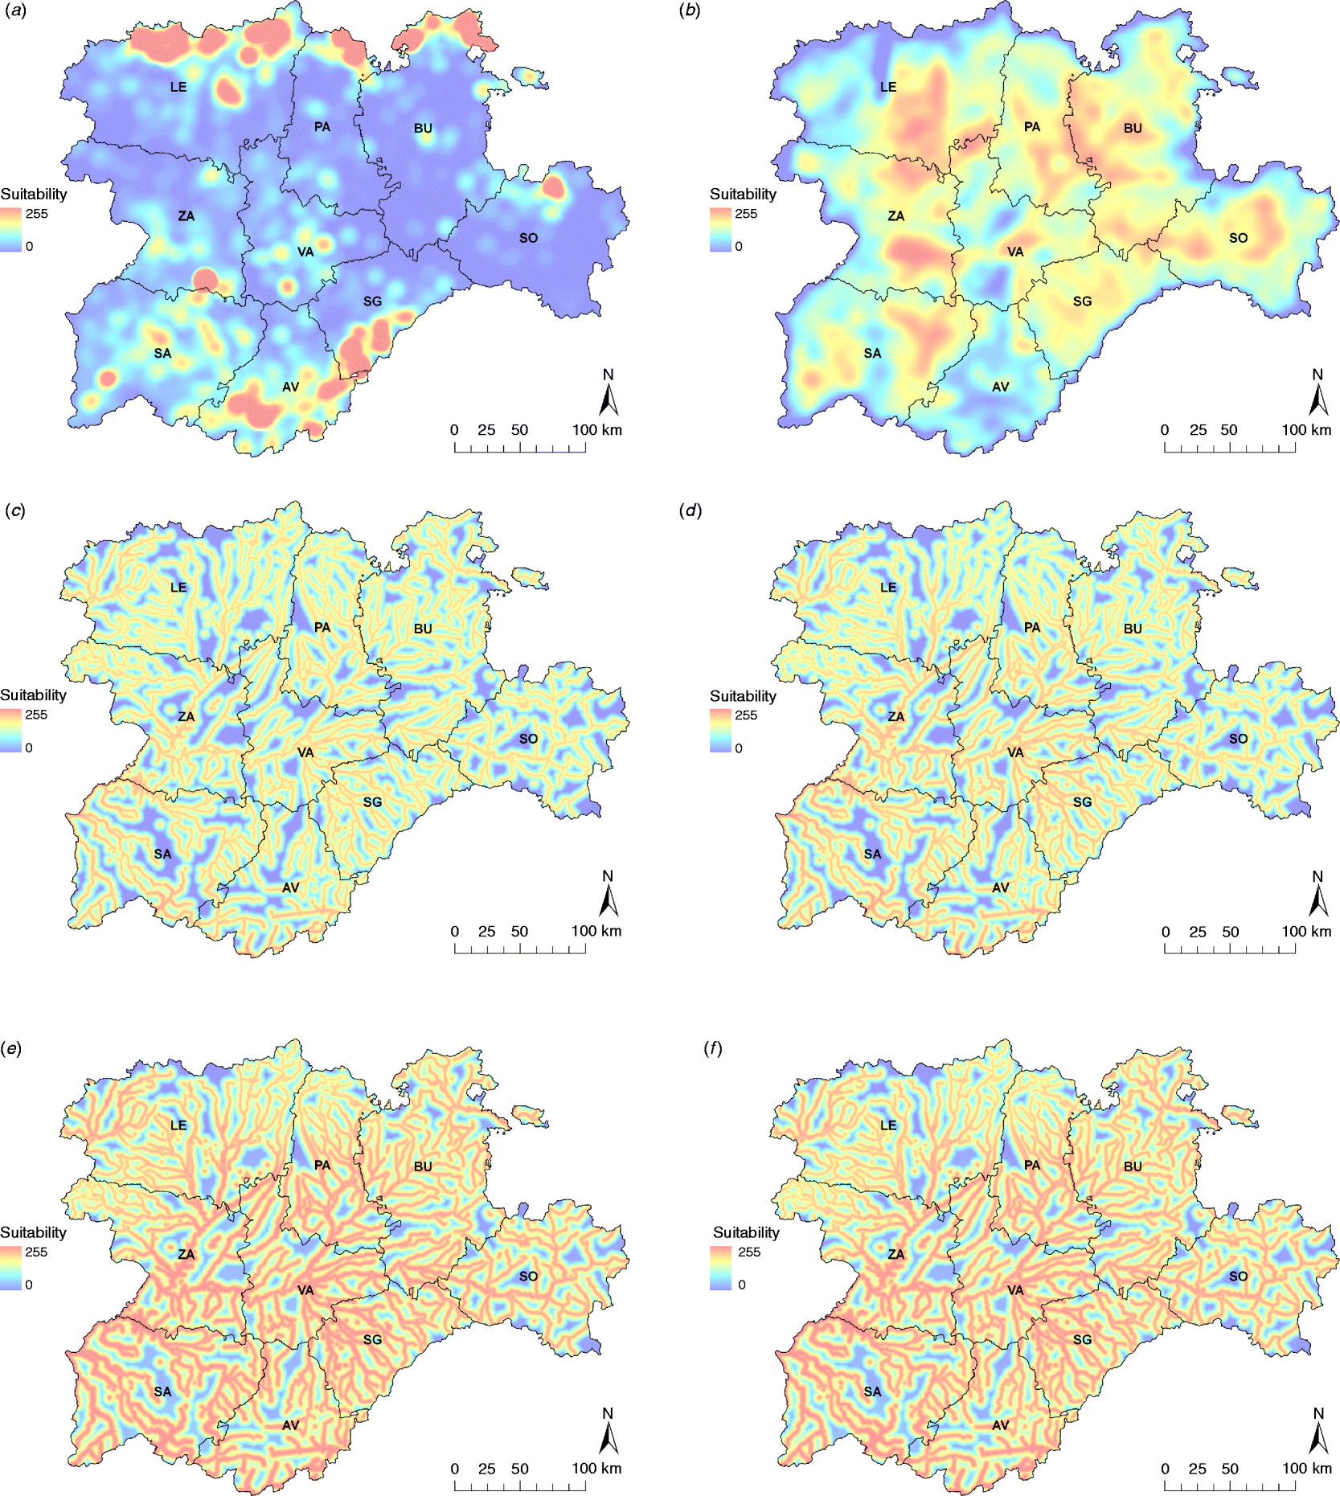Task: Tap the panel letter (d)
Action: tap(690, 510)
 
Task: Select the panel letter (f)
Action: tap(711, 1048)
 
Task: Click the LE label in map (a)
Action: tap(178, 87)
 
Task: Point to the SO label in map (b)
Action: tap(1238, 238)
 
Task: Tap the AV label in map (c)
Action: tap(290, 887)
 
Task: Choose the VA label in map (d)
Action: tap(1015, 752)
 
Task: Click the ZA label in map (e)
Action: tap(186, 1254)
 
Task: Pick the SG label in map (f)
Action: tap(1082, 1339)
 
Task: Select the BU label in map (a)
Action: tap(423, 129)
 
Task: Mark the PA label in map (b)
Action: tap(1031, 127)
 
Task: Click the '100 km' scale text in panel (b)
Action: tap(1306, 430)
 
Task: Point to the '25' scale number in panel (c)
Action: tap(486, 932)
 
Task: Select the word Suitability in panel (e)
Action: tap(33, 1232)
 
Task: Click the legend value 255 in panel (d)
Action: tap(746, 715)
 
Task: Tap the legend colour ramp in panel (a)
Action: tap(11, 230)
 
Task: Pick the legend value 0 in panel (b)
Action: tap(739, 247)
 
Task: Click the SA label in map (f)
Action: tap(872, 1391)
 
